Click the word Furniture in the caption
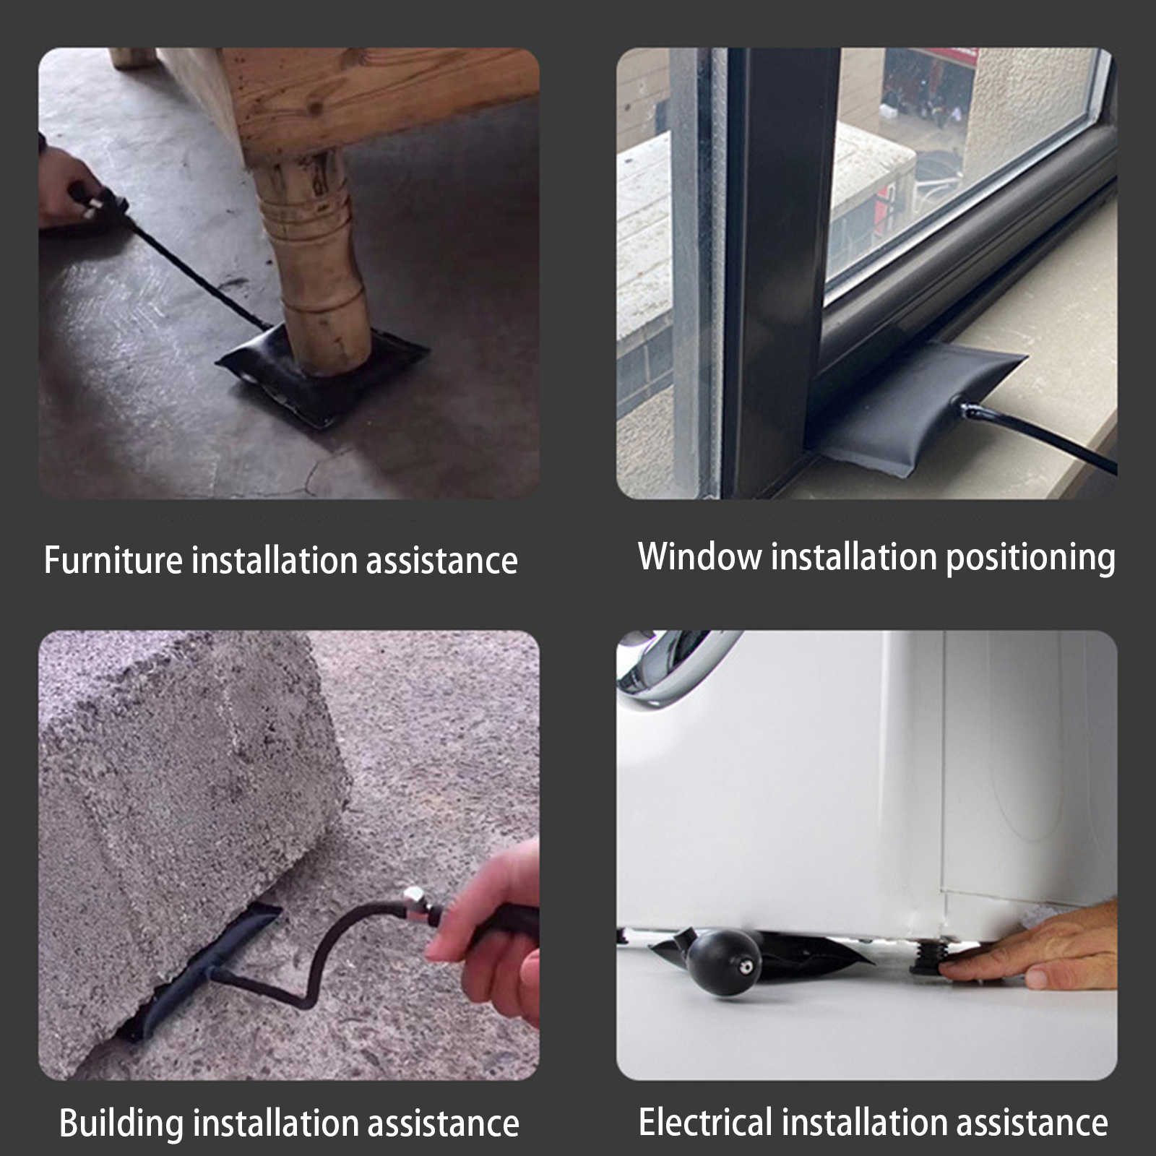pos(114,560)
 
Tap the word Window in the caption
pos(700,556)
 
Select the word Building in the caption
pos(121,1123)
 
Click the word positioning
pos(1031,558)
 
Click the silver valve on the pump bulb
pos(744,966)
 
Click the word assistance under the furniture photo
pos(441,560)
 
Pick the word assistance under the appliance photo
pos(1031,1122)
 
